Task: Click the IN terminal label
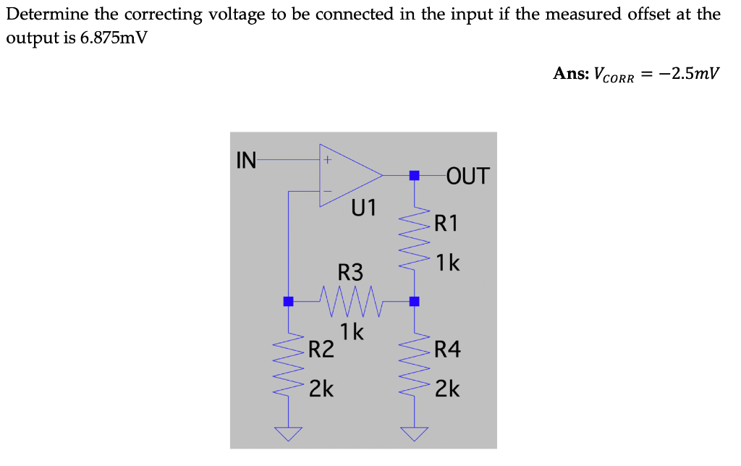click(x=246, y=160)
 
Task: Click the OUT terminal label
click(x=468, y=176)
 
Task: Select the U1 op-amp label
click(x=364, y=208)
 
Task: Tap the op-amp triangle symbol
click(x=347, y=175)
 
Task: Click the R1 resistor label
click(x=446, y=223)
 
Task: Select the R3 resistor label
click(x=351, y=273)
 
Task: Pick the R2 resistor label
click(x=321, y=351)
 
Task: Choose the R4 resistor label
click(x=447, y=351)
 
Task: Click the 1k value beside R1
click(x=448, y=263)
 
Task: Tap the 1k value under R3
click(x=352, y=332)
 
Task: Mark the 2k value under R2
click(x=321, y=389)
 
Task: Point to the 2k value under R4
click(x=447, y=389)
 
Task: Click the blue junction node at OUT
click(x=414, y=175)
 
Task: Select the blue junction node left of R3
click(x=288, y=301)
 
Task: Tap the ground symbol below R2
click(x=288, y=433)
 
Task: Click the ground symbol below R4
click(x=414, y=433)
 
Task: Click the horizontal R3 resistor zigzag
click(x=350, y=300)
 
